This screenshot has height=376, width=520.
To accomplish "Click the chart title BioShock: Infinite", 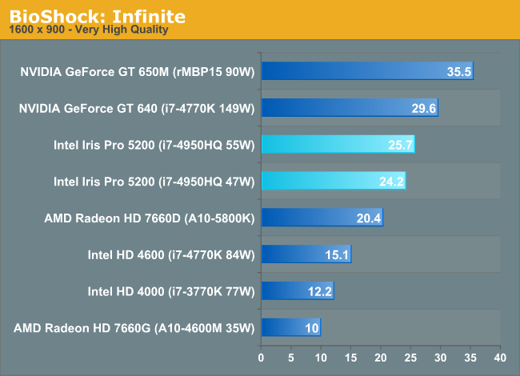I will click(98, 15).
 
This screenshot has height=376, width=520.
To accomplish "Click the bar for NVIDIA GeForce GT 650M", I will click(366, 71).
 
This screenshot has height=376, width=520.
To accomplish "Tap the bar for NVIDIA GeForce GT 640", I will click(349, 108).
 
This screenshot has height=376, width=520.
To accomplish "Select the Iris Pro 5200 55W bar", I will click(337, 145).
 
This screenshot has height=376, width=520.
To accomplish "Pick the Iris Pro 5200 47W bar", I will click(333, 182).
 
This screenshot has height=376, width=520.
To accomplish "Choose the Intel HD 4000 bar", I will click(297, 291).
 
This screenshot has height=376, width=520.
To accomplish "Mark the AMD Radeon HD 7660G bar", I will click(290, 327).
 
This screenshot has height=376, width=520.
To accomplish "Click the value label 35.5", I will click(458, 72).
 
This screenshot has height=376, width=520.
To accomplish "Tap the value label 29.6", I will click(423, 109).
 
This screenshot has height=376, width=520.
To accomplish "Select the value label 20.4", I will click(369, 218).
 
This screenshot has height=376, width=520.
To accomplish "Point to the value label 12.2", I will click(319, 292).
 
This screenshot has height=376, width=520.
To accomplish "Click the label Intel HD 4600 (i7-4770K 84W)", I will click(170, 255).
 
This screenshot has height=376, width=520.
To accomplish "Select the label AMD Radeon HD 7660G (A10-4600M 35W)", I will click(134, 328).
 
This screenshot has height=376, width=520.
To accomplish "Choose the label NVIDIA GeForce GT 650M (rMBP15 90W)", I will click(137, 72).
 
